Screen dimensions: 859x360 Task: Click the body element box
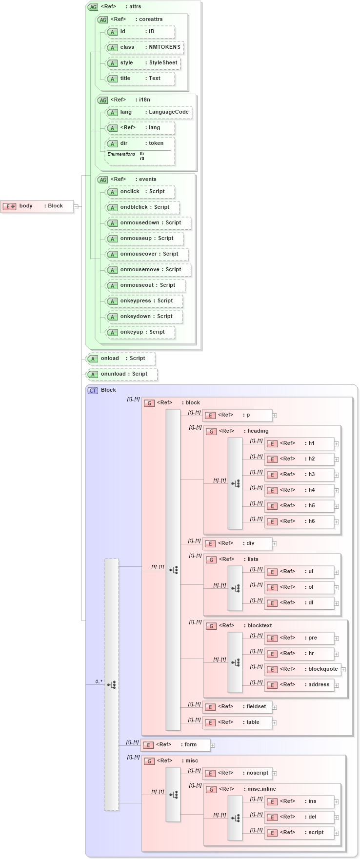(x=38, y=206)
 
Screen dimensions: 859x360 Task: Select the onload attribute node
(x=121, y=359)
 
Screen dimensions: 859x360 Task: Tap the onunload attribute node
(x=122, y=374)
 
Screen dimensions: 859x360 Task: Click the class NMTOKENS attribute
(x=145, y=47)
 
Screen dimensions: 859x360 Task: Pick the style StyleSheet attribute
(x=143, y=63)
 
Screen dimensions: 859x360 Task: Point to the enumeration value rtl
(x=142, y=159)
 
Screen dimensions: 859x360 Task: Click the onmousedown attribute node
(x=148, y=223)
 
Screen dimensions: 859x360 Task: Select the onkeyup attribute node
(x=140, y=332)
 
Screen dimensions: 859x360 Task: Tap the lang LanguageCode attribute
(x=149, y=112)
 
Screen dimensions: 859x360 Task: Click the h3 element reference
(x=300, y=475)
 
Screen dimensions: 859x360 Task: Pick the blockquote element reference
(x=303, y=669)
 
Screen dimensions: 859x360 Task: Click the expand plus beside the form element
(x=213, y=745)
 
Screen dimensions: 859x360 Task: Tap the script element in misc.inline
(x=300, y=833)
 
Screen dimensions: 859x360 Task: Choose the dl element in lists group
(x=300, y=603)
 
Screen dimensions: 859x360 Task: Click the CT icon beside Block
(x=93, y=390)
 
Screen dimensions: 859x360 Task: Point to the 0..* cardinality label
(x=99, y=681)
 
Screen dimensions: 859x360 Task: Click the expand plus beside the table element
(x=275, y=723)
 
